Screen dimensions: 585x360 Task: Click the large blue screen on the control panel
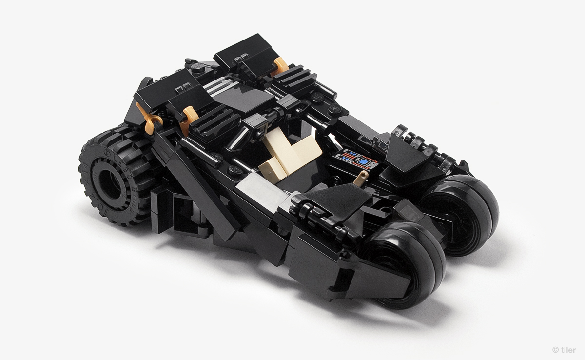coord(363,162)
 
